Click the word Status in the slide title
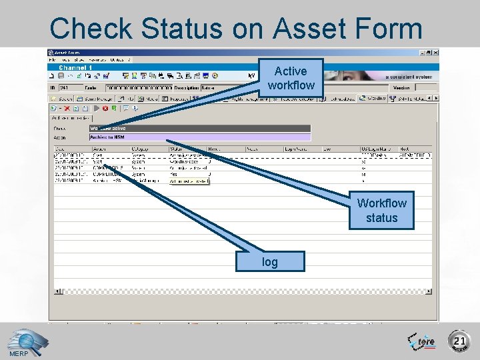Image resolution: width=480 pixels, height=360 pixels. [175, 29]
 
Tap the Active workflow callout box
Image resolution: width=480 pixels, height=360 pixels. [291, 78]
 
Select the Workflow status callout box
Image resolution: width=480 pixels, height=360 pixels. [381, 210]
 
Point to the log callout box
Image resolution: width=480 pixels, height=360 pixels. [270, 262]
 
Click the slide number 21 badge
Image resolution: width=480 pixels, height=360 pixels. [459, 341]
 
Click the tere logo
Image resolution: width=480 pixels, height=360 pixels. [422, 341]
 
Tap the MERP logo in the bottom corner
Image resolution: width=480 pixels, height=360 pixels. [18, 344]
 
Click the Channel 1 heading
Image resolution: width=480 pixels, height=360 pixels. [75, 67]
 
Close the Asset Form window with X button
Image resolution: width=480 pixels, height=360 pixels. [436, 52]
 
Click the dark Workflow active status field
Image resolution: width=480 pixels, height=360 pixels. [200, 128]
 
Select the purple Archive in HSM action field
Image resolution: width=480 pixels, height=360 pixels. [200, 137]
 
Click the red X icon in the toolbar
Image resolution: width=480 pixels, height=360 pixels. [67, 108]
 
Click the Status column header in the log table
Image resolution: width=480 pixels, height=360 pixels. [177, 149]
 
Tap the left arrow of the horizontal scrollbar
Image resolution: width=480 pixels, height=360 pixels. [58, 291]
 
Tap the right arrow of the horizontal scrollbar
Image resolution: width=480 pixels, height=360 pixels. [427, 291]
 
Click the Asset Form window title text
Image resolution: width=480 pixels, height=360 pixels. [67, 52]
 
